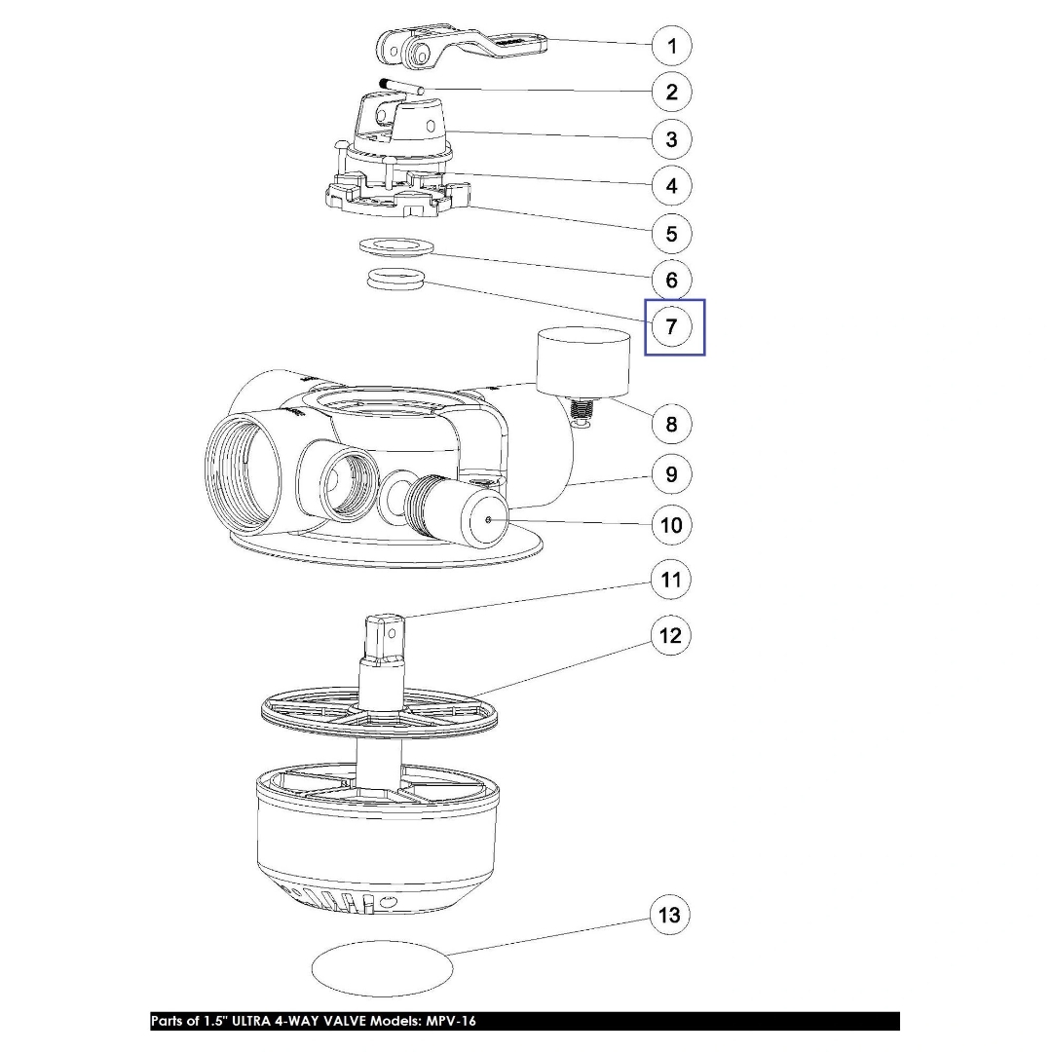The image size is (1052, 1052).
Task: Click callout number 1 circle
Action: click(671, 46)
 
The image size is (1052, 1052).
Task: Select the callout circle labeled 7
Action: click(671, 326)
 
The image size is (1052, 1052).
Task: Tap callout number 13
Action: click(669, 915)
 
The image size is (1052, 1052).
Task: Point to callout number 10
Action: click(671, 525)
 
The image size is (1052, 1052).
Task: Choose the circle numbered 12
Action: click(670, 635)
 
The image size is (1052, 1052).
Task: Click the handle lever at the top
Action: click(461, 47)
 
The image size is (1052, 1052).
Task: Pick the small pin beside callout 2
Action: click(400, 85)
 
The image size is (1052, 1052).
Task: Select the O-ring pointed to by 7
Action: click(396, 279)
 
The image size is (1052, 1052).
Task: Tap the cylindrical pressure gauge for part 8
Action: click(583, 361)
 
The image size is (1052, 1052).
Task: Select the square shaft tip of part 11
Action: click(385, 636)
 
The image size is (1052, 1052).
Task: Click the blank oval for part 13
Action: click(383, 967)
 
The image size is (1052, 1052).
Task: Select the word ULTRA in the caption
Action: click(250, 1021)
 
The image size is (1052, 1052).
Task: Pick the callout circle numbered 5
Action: click(671, 234)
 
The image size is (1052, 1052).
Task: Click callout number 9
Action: click(671, 475)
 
